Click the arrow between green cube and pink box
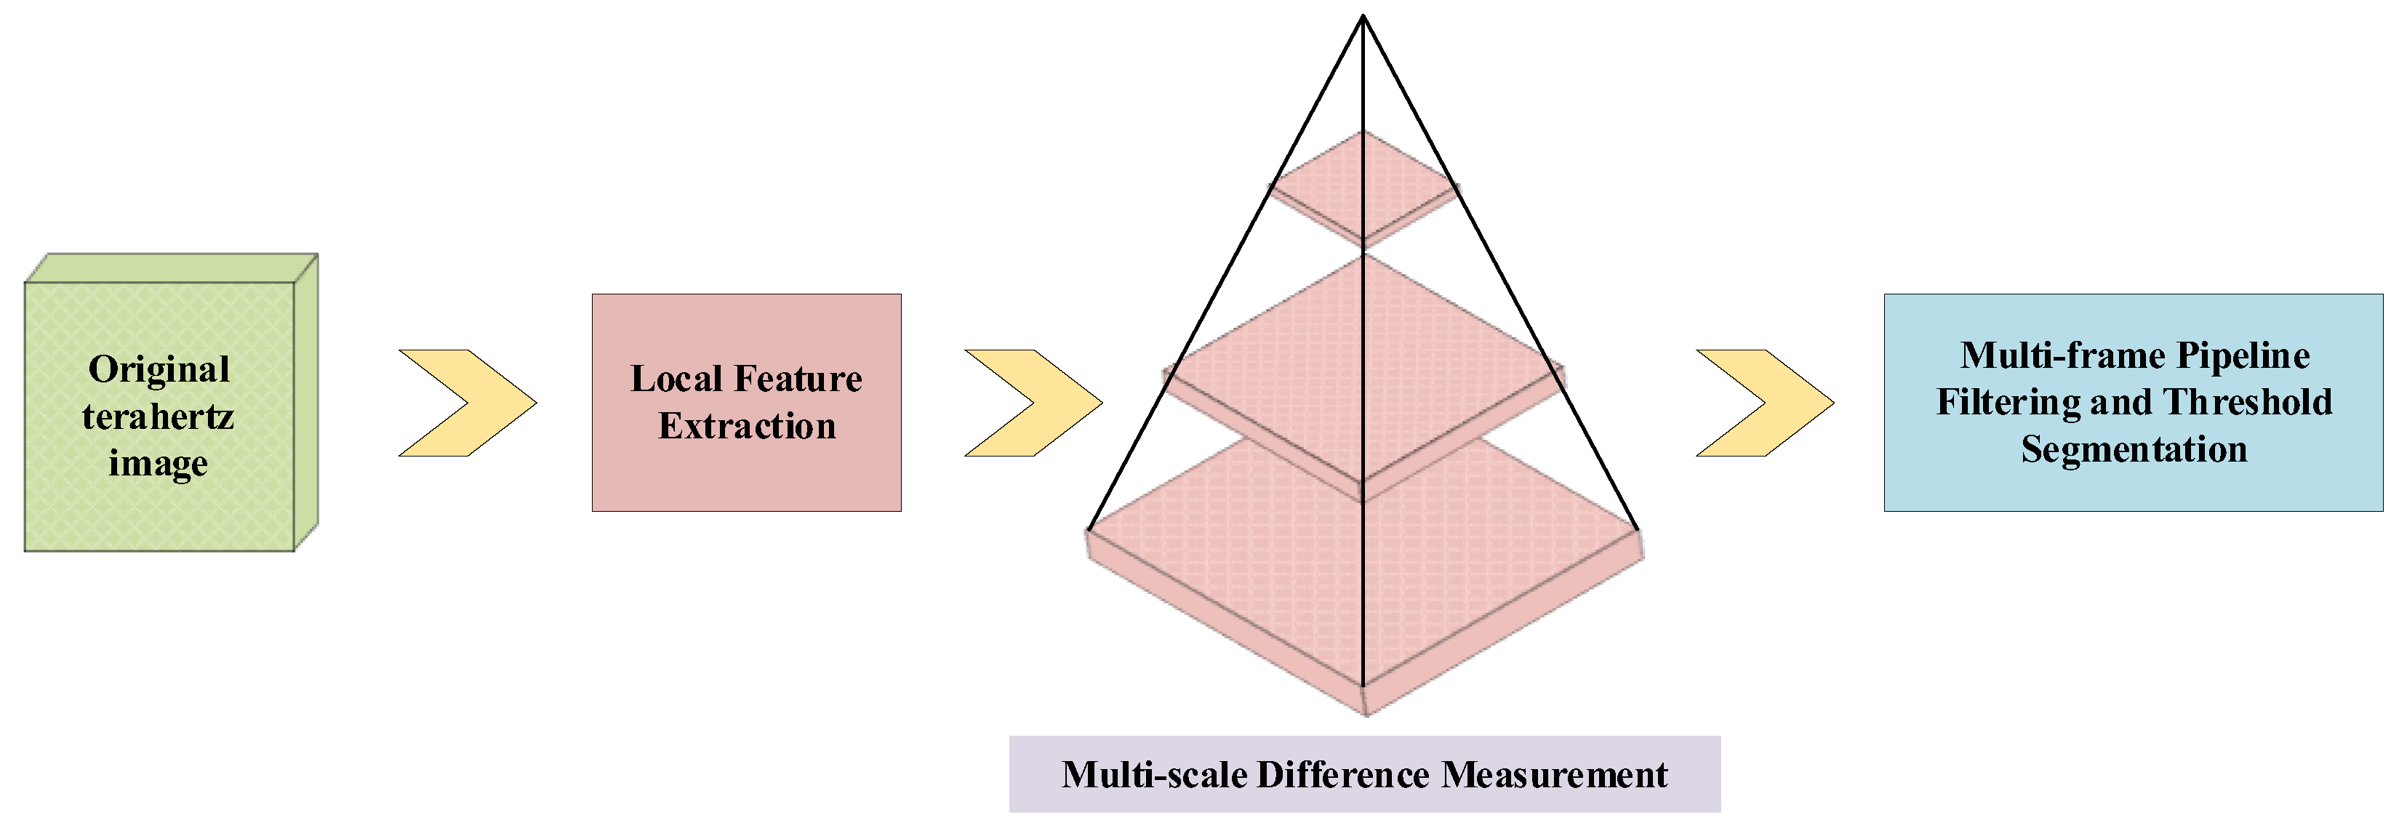point(468,402)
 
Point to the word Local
point(676,379)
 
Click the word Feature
point(798,379)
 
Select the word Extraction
point(747,426)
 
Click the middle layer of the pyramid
point(1304,372)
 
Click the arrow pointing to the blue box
point(1765,402)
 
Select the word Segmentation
point(2134,449)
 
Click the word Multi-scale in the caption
point(1154,775)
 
